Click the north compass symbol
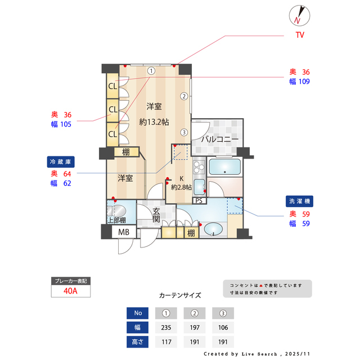pos(298,15)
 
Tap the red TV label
pos(300,35)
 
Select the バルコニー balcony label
pos(220,139)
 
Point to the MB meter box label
pos(123,232)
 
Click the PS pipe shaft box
pos(199,200)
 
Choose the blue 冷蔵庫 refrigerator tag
pos(61,161)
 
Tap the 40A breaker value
pos(70,291)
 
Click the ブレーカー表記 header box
pos(70,280)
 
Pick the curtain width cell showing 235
pos(166,327)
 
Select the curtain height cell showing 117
pos(166,341)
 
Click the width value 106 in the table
pos(223,327)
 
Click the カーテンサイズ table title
pos(180,295)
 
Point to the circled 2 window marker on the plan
pos(184,96)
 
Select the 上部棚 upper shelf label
pos(116,220)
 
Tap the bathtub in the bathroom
pos(224,167)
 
